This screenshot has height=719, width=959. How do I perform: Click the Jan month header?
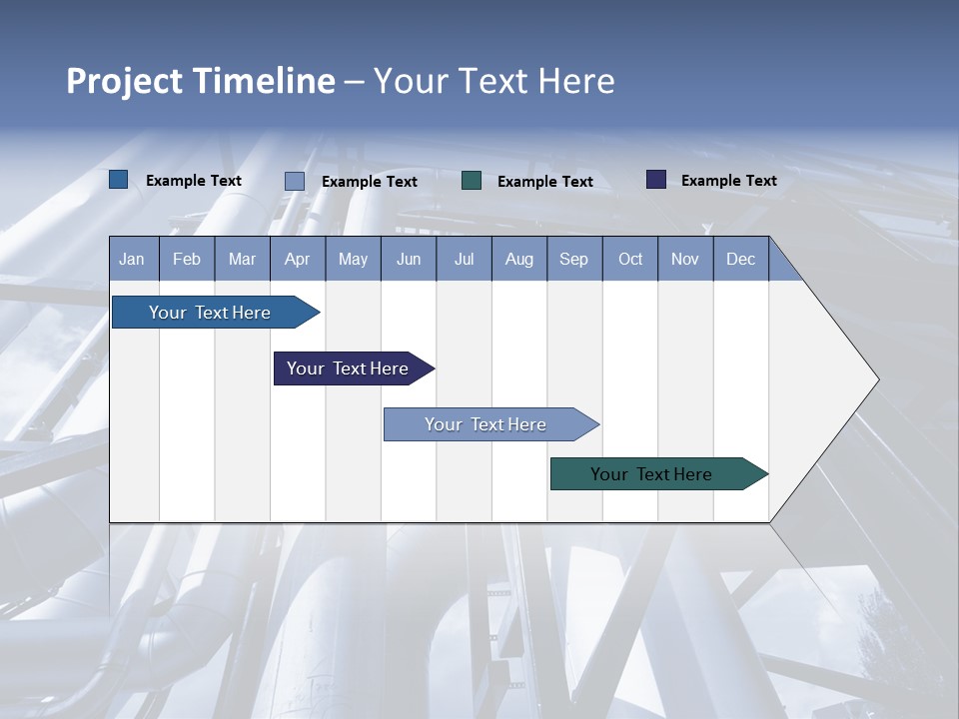[132, 260]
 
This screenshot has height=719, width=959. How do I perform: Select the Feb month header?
[187, 260]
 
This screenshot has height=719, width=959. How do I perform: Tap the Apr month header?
[297, 260]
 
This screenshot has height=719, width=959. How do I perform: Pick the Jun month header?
[409, 260]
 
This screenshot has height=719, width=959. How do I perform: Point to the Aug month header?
[518, 260]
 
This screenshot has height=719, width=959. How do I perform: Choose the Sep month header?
[573, 260]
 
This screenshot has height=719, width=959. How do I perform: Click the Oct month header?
[630, 260]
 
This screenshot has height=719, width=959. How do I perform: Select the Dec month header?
[740, 260]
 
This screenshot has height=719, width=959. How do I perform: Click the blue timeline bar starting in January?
[210, 313]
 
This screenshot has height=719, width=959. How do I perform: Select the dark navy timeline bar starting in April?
[348, 368]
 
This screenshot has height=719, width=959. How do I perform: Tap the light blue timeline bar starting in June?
[485, 424]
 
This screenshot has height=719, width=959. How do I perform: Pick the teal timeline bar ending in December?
[651, 474]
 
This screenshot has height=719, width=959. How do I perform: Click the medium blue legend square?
[119, 180]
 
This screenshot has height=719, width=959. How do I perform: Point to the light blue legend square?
[295, 181]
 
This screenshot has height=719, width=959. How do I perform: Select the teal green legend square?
[472, 181]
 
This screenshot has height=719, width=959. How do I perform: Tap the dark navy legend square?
[656, 180]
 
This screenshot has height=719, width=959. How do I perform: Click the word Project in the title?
[124, 81]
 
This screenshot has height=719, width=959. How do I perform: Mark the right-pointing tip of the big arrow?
[877, 379]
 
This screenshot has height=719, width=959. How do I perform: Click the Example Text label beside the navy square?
[728, 181]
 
